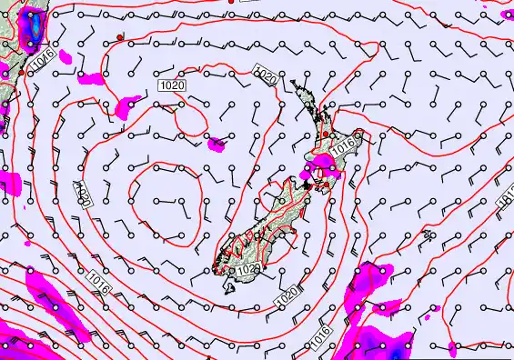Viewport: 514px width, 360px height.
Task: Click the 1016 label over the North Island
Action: coord(343,145)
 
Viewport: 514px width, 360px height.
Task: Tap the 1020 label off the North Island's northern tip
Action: coord(267,77)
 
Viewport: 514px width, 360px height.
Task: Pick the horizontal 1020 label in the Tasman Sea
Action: coord(172,85)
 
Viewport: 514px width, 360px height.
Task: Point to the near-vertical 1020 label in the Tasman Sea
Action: coord(83,194)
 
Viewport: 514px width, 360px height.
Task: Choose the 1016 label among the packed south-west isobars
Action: coord(100,283)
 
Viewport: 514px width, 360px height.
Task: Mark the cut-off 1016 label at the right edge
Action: coord(507,205)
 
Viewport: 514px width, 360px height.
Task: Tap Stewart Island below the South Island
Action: coord(228,285)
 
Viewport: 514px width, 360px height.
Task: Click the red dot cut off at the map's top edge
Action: coord(232,3)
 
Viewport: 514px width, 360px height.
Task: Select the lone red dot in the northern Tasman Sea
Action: coord(120,36)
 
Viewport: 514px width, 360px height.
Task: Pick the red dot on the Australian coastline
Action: coord(22,72)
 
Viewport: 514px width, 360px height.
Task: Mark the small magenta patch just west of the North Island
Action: coord(216,143)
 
